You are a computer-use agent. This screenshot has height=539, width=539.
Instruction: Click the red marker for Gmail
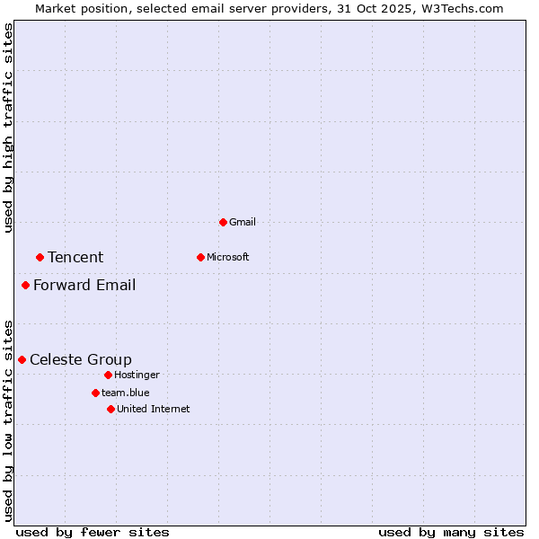point(223,222)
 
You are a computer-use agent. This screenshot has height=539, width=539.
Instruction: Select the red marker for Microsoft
point(200,257)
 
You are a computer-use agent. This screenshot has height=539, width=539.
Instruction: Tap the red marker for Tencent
point(40,257)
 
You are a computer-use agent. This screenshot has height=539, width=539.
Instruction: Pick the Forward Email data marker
point(25,286)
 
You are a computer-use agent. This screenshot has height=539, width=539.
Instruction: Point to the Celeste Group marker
point(22,359)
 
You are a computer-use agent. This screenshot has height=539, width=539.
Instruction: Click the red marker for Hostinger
point(108,375)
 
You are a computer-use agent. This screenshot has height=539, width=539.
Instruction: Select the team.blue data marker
point(95,393)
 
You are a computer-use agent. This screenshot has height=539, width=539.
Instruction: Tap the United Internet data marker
point(110,409)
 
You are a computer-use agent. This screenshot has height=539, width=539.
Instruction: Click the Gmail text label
point(243,222)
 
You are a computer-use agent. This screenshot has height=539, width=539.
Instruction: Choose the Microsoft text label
point(228,257)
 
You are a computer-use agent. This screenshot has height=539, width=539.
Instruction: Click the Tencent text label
point(75,258)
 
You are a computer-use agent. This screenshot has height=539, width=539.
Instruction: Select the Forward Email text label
point(84,286)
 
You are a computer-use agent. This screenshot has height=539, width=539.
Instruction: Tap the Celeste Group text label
point(81,360)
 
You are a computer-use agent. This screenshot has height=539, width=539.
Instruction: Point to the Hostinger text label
point(137,375)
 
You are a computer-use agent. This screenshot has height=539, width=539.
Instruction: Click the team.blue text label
point(126,393)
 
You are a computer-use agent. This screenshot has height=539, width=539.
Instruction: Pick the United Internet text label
point(154,409)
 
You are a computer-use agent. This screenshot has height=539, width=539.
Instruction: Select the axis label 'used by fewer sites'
point(93,532)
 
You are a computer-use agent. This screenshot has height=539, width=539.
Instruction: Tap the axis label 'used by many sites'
point(451,532)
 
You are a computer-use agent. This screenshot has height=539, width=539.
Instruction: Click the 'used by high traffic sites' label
point(8,128)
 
